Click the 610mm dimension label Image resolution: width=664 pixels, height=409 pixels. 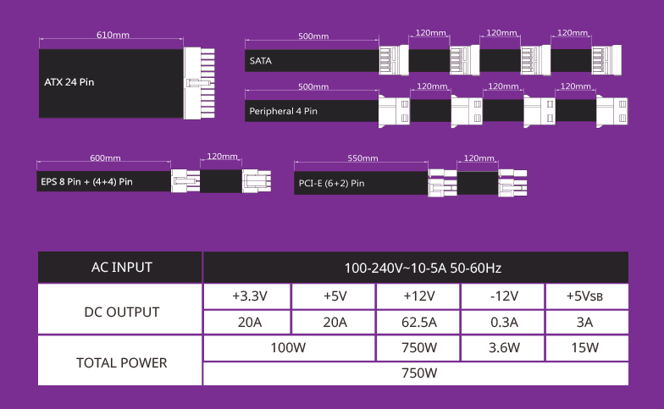coord(113,35)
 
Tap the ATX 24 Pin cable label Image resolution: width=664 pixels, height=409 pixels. coord(69,82)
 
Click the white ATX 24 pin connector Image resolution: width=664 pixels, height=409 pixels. coord(199,83)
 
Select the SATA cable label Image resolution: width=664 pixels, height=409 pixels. coord(261,61)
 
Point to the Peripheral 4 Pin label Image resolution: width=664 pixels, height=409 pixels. coord(283,111)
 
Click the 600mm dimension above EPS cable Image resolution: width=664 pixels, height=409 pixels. coord(105,158)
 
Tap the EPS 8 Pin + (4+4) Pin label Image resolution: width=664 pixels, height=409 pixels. coord(86,181)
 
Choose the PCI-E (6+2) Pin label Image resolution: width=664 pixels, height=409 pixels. coord(332,183)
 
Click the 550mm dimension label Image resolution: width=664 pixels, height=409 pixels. coord(362,158)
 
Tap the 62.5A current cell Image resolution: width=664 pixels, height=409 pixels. coord(418,322)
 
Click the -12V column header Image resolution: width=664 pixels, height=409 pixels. coord(503,296)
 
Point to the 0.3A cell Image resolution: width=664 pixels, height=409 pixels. coord(503,322)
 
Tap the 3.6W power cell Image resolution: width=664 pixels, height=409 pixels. coord(503,347)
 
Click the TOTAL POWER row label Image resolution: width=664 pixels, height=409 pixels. coord(122,362)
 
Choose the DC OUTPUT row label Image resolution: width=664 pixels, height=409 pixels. coord(122,312)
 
